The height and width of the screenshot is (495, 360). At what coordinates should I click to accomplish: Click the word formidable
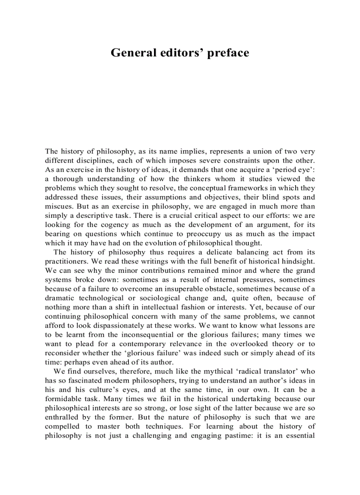64,399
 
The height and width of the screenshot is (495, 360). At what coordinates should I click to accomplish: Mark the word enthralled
63,417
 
